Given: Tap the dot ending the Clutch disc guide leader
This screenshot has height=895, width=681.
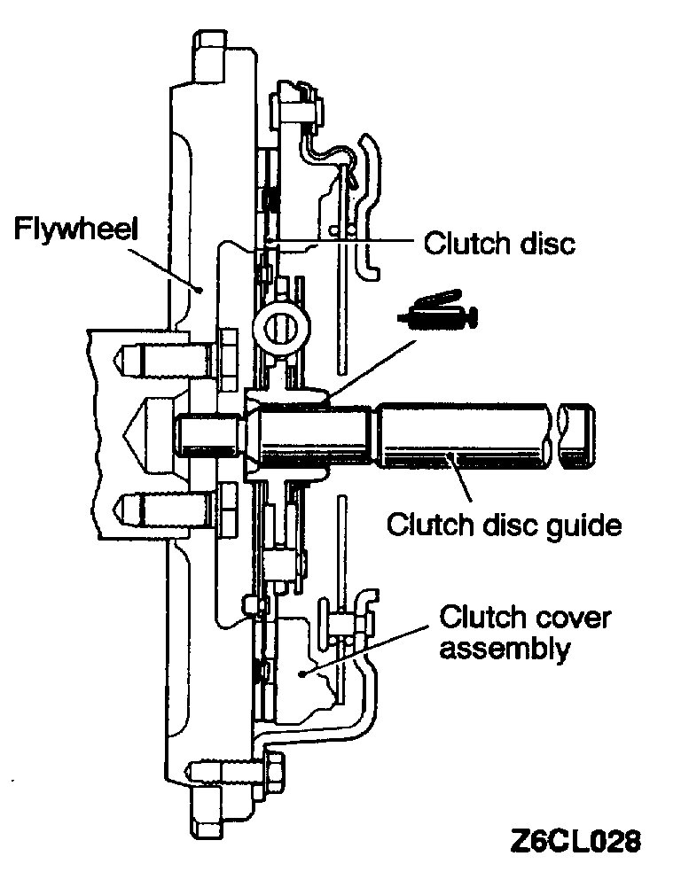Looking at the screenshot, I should (x=454, y=457).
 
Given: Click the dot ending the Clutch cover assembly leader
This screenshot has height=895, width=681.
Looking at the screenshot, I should (x=302, y=674).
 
